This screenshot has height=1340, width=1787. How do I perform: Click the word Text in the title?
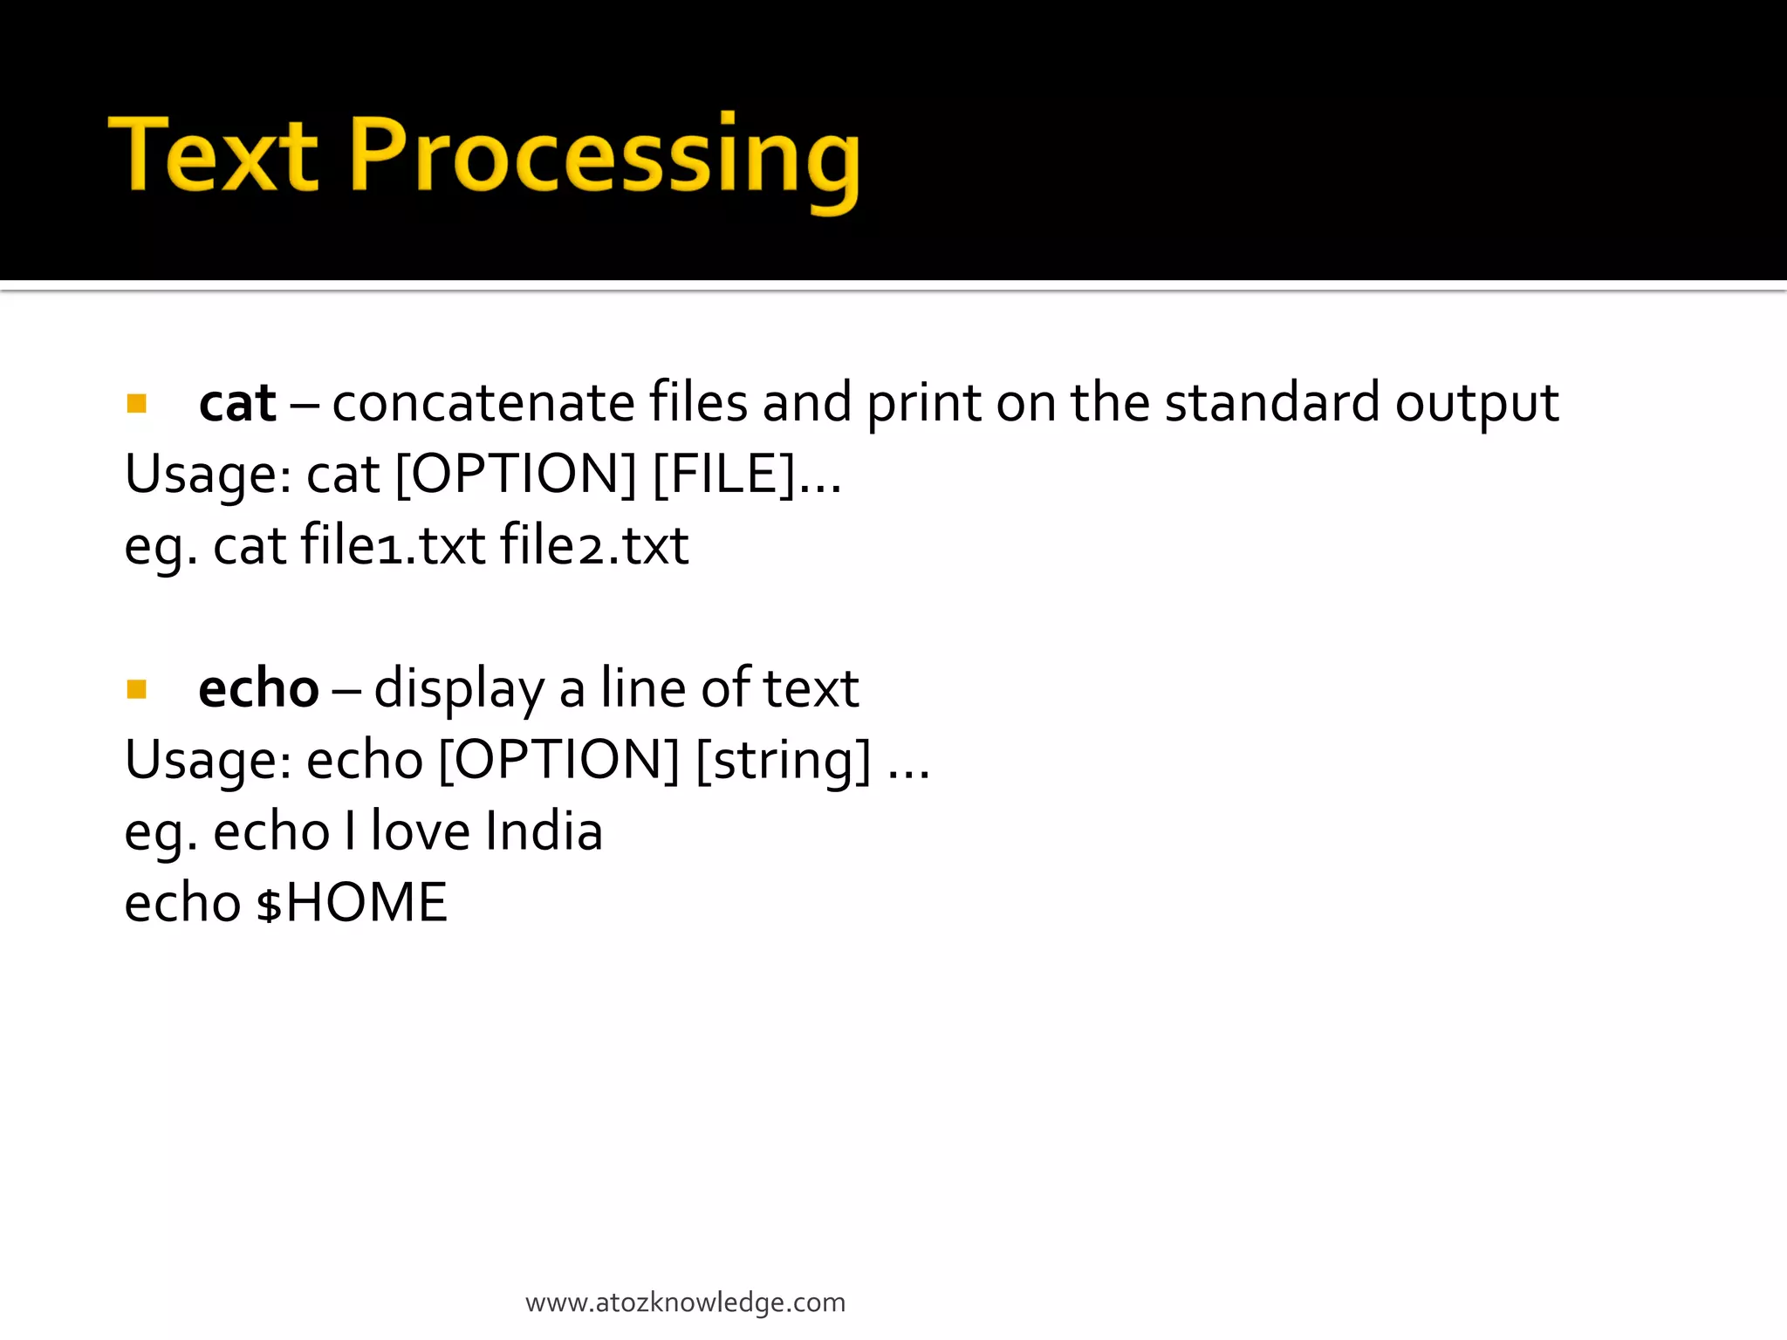coord(213,155)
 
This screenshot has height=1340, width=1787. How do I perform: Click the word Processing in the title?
coord(605,158)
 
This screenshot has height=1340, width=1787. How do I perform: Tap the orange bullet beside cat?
coord(136,404)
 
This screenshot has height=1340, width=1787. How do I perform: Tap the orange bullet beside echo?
coord(136,690)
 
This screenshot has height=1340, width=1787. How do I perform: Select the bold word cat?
coord(237,404)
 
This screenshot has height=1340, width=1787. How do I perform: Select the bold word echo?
coord(258,689)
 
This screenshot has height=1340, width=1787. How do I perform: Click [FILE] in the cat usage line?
coord(725,475)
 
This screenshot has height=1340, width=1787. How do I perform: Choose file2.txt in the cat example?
coord(594,545)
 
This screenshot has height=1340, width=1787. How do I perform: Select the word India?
coord(544,831)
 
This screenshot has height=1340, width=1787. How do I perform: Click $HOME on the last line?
coord(352,903)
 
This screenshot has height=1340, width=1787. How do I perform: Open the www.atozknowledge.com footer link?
coord(685,1302)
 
